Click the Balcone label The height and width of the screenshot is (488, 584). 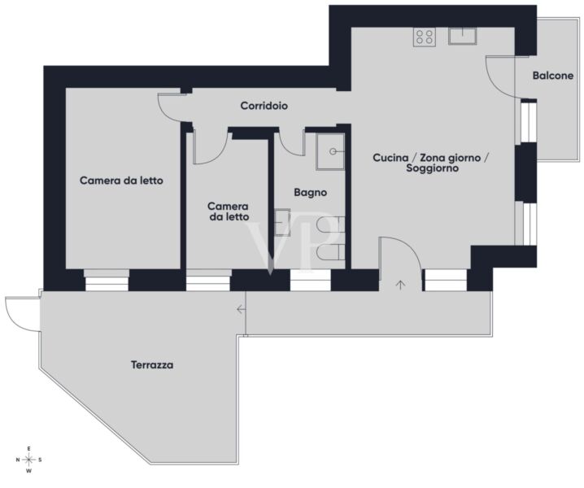click(x=553, y=76)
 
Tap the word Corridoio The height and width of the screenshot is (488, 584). click(x=264, y=106)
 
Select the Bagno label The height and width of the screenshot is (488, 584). click(x=310, y=193)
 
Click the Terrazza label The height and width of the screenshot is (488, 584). click(x=152, y=364)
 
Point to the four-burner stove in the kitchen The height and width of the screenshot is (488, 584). click(x=425, y=37)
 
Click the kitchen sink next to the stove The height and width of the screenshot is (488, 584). click(x=463, y=36)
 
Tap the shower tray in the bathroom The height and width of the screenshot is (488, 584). click(x=330, y=151)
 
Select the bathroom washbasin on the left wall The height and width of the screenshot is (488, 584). click(x=282, y=222)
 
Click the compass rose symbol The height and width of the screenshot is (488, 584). click(x=28, y=460)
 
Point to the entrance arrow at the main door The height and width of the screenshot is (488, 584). click(x=400, y=285)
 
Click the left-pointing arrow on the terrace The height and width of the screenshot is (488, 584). click(x=242, y=309)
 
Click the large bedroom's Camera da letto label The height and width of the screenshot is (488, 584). click(x=121, y=181)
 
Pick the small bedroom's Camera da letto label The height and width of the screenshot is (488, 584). click(x=229, y=211)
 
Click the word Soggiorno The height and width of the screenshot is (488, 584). click(x=432, y=168)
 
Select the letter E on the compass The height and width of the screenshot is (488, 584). click(x=28, y=448)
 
